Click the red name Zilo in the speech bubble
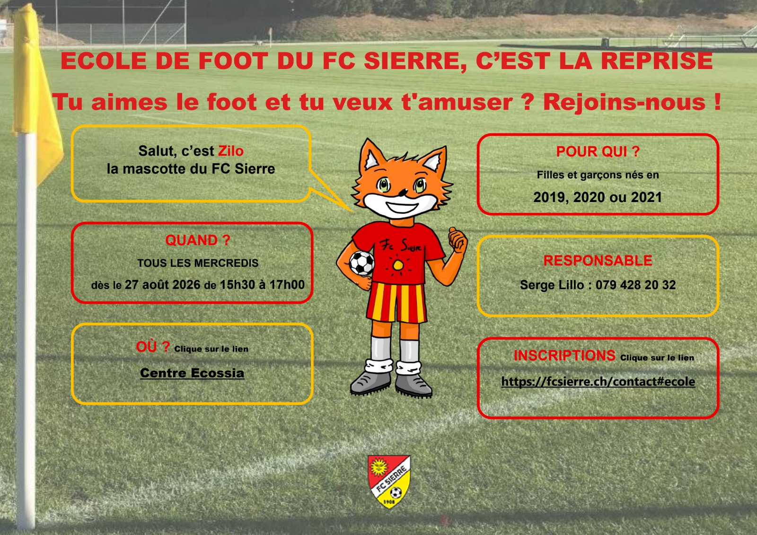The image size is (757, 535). click(231, 151)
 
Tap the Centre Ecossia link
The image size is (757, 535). click(192, 373)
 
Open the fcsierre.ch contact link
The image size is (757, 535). click(598, 382)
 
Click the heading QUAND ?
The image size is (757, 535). click(198, 240)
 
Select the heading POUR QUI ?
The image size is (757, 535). click(598, 151)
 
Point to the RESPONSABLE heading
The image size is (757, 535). click(598, 261)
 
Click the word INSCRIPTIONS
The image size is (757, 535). click(565, 356)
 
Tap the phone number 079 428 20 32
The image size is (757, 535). click(636, 285)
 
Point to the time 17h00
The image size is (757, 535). click(287, 285)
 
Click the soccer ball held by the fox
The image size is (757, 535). click(362, 263)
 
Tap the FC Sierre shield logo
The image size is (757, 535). click(389, 481)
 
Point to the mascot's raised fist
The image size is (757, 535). click(458, 240)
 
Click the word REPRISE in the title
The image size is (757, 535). click(657, 61)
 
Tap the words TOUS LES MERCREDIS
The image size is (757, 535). click(198, 263)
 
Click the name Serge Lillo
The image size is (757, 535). click(552, 285)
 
